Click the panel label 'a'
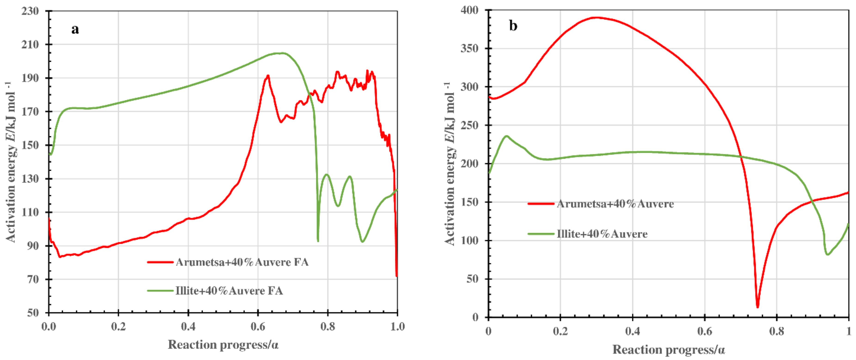tap(75, 29)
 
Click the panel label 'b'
tap(513, 26)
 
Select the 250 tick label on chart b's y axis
tap(470, 125)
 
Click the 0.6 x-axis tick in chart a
tap(258, 326)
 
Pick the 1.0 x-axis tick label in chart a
tap(397, 326)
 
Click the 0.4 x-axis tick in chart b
tap(632, 331)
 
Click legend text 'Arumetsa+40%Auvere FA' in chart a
tap(242, 262)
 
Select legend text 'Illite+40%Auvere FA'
tap(229, 291)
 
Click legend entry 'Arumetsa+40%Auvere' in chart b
tap(615, 204)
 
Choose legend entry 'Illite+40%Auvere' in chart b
tap(602, 234)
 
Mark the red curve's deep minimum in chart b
tap(758, 307)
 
